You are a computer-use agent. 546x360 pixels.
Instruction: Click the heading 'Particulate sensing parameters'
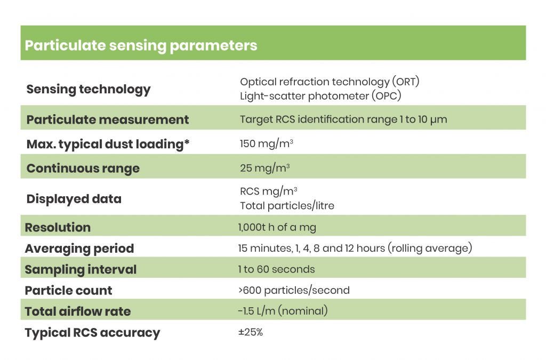(x=141, y=46)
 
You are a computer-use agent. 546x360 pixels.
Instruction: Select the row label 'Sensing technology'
(x=89, y=90)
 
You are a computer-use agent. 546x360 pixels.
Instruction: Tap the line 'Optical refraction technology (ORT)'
(x=330, y=82)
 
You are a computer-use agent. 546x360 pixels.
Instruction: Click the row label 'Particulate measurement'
(x=108, y=119)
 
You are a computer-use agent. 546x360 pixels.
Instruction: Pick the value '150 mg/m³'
(x=267, y=143)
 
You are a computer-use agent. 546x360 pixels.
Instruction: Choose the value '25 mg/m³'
(x=264, y=168)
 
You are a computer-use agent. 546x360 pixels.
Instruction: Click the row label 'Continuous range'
(x=83, y=169)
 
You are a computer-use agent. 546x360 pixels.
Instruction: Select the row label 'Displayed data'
(x=74, y=199)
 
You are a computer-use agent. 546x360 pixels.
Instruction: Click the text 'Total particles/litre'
(x=287, y=206)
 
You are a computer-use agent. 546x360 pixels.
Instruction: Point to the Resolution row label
(x=58, y=227)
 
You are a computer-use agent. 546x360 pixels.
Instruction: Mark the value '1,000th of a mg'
(x=277, y=227)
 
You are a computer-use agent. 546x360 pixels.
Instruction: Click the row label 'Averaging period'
(x=79, y=249)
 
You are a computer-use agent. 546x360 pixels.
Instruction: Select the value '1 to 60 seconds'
(x=277, y=269)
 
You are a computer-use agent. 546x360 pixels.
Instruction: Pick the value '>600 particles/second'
(x=294, y=290)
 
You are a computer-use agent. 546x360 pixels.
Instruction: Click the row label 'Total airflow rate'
(x=78, y=311)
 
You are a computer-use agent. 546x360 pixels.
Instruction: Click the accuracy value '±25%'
(x=251, y=332)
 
